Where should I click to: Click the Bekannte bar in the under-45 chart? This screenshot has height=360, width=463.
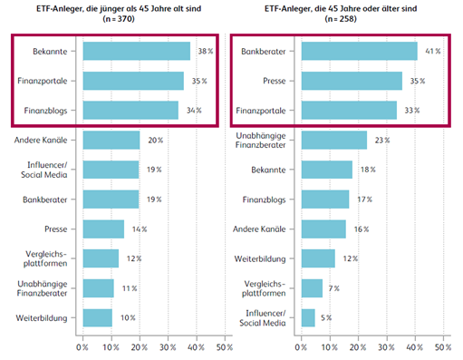point(137,51)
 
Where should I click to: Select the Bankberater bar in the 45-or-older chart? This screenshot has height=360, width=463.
point(360,51)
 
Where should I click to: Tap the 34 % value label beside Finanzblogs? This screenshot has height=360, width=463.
point(194,111)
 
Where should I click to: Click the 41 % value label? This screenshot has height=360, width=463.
point(433,51)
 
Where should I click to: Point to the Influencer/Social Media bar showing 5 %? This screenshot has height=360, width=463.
point(308,317)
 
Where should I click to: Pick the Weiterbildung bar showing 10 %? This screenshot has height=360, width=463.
point(98,317)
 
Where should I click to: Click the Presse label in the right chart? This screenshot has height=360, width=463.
point(275,81)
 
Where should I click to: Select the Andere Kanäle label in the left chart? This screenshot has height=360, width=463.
point(41,140)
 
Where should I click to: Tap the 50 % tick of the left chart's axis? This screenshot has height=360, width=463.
point(225,347)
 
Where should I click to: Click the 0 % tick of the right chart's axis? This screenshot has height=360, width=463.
point(301,347)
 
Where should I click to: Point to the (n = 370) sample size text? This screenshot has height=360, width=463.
point(119,19)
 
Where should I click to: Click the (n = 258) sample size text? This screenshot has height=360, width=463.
point(341,19)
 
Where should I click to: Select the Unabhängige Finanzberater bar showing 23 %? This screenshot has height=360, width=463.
point(334,140)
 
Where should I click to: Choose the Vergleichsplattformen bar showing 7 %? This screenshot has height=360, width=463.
point(312,288)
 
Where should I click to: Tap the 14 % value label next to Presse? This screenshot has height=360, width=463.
point(140,229)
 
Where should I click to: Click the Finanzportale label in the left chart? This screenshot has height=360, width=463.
point(43,81)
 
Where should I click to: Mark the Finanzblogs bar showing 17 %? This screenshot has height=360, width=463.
point(325,199)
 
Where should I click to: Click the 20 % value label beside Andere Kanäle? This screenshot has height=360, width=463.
point(155,140)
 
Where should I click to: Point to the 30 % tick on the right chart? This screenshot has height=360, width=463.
point(386,347)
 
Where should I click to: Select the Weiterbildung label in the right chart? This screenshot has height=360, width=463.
point(260,258)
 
